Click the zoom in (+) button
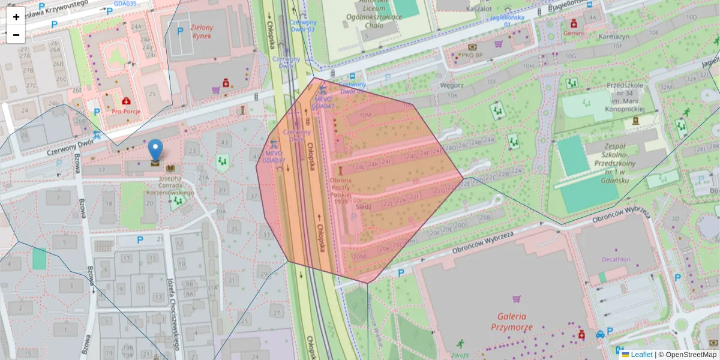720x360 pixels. [x=16, y=17]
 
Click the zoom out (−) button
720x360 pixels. [x=16, y=35]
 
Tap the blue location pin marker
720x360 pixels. [x=155, y=151]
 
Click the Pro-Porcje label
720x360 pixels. [x=127, y=111]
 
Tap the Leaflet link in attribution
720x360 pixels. [x=641, y=355]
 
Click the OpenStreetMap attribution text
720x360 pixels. [x=687, y=355]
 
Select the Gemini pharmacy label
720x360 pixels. [x=574, y=34]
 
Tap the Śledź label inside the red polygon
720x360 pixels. [x=364, y=206]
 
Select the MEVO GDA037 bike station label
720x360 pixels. [x=274, y=157]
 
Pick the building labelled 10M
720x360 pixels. [x=365, y=114]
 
